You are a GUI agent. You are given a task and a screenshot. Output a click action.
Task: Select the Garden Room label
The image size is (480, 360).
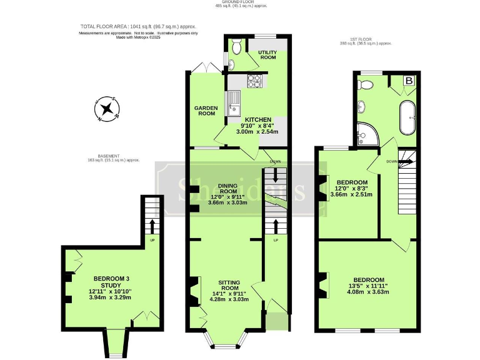[x=204, y=111]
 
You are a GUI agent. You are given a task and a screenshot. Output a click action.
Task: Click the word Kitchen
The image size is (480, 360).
[x=258, y=119]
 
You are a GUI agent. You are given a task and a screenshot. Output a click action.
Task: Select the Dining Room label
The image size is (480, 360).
[x=227, y=188]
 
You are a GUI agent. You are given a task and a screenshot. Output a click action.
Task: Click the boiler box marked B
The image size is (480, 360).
[x=410, y=81]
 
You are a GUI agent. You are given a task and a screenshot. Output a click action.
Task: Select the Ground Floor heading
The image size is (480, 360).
[x=241, y=2]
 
